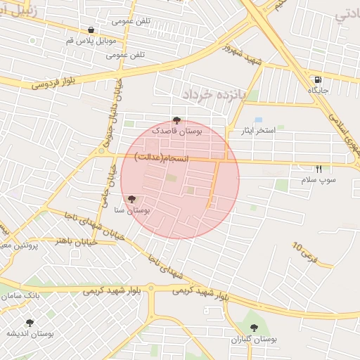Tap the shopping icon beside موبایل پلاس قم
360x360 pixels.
tap(92, 30)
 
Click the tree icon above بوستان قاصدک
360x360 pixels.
tap(176, 120)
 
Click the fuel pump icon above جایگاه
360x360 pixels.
tap(319, 79)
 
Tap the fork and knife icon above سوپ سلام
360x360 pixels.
tap(319, 169)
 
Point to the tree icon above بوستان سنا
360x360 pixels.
tap(131, 199)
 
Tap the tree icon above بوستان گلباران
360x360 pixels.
tap(254, 328)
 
